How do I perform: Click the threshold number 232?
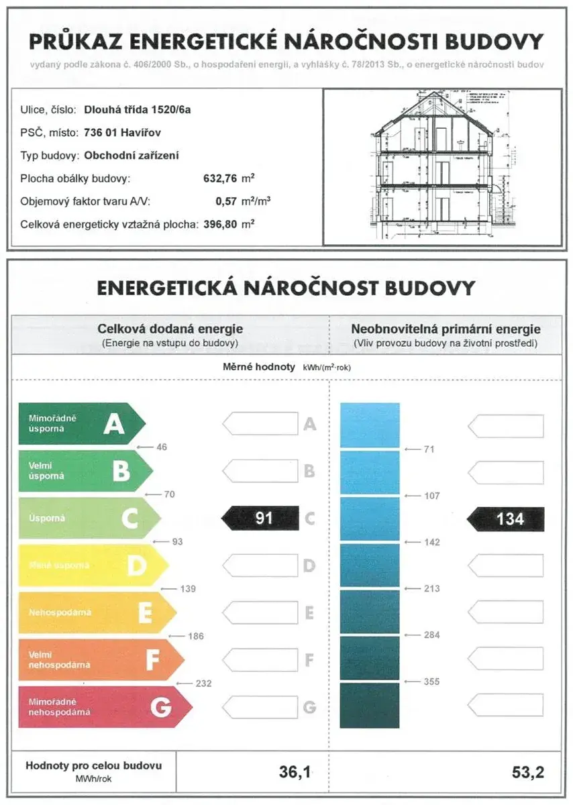pyautogui.click(x=204, y=684)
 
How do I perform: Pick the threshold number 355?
pyautogui.click(x=432, y=682)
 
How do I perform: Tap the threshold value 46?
pyautogui.click(x=161, y=447)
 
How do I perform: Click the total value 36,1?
pyautogui.click(x=295, y=772)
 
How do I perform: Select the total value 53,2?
pyautogui.click(x=527, y=772)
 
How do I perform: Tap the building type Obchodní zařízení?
pyautogui.click(x=132, y=155)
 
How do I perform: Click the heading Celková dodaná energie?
pyautogui.click(x=170, y=329)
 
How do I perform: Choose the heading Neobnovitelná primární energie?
pyautogui.click(x=446, y=329)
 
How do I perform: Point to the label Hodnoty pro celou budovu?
pyautogui.click(x=93, y=765)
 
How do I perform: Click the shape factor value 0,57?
pyautogui.click(x=228, y=201)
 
